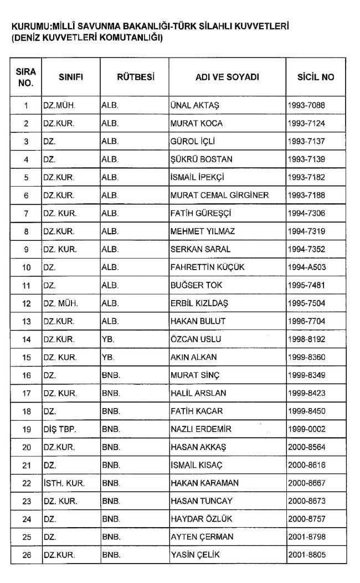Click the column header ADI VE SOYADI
tap(227, 78)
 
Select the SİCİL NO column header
tap(316, 78)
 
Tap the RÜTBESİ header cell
tap(135, 78)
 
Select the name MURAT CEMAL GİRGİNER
tap(219, 195)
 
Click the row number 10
tap(26, 267)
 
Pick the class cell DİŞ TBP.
tap(60, 429)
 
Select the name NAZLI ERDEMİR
tap(200, 429)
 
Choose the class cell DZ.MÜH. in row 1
tap(59, 105)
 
